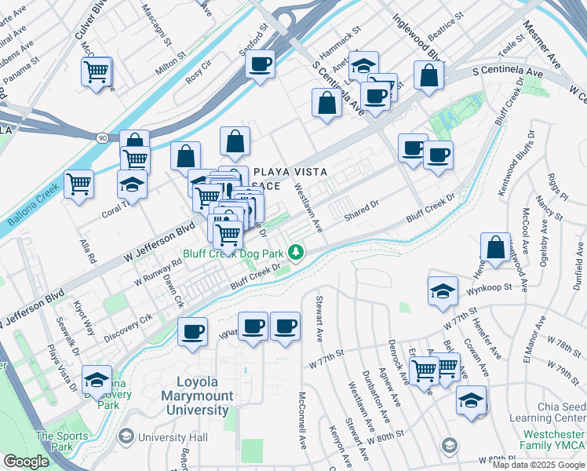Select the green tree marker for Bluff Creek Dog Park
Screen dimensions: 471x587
pos(296,253)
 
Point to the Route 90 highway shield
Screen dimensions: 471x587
pos(103,137)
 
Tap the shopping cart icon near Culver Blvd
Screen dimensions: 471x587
pos(97,72)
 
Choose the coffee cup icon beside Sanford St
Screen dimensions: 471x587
pos(260,64)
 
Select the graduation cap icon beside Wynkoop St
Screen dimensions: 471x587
pos(443,290)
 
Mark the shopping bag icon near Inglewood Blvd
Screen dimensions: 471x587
pos(428,77)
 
